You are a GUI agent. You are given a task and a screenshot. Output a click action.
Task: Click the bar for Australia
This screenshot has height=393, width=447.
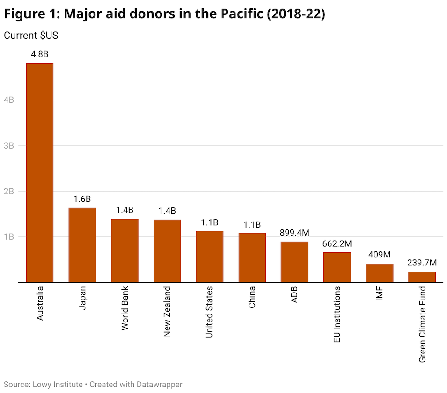click(x=40, y=173)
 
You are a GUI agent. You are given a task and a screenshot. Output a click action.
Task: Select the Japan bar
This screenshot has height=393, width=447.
click(x=82, y=245)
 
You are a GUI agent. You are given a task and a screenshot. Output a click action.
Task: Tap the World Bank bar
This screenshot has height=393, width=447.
click(x=125, y=251)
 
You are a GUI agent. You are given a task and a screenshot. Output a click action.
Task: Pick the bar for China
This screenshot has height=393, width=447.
click(x=252, y=258)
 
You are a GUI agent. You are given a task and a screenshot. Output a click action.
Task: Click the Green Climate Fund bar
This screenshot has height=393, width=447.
click(x=422, y=277)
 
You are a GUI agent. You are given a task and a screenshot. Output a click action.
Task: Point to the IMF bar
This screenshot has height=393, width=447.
click(x=380, y=273)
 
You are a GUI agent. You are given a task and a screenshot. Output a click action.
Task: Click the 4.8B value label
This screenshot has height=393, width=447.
click(x=40, y=54)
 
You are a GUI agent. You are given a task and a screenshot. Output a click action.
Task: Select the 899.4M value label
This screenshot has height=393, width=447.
click(x=294, y=233)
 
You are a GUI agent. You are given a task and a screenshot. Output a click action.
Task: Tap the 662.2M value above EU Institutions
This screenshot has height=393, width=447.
click(x=337, y=243)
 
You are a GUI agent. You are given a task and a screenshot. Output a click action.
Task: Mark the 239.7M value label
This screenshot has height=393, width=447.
click(x=422, y=263)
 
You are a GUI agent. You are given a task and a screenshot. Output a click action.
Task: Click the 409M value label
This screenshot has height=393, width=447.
click(x=380, y=255)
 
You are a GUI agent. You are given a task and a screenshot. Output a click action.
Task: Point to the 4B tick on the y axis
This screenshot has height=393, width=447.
click(x=10, y=100)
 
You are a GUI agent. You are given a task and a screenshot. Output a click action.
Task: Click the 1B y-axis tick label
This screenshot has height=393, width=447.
click(x=10, y=237)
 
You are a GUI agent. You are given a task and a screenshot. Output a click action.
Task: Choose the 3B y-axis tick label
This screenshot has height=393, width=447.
click(x=10, y=145)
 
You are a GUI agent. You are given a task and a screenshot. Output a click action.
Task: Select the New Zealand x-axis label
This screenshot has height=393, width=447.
click(x=167, y=312)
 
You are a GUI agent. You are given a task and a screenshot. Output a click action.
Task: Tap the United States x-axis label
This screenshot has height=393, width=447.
click(x=209, y=312)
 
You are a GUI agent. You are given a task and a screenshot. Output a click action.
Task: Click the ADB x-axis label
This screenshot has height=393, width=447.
click(x=294, y=295)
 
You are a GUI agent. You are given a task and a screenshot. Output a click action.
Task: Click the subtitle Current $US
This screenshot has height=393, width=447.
click(x=31, y=36)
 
